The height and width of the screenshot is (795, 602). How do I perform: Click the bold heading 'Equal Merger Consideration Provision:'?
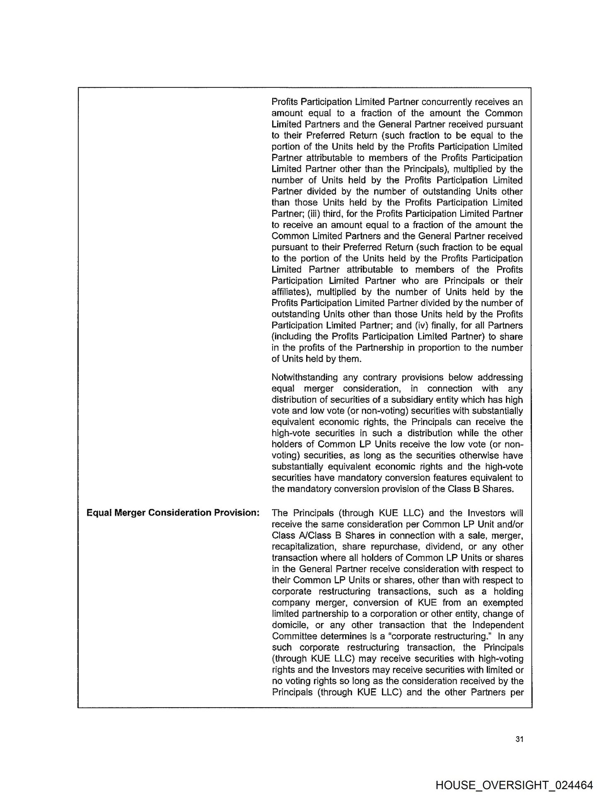(x=173, y=513)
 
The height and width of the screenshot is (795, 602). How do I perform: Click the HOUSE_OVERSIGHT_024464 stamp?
(x=514, y=783)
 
